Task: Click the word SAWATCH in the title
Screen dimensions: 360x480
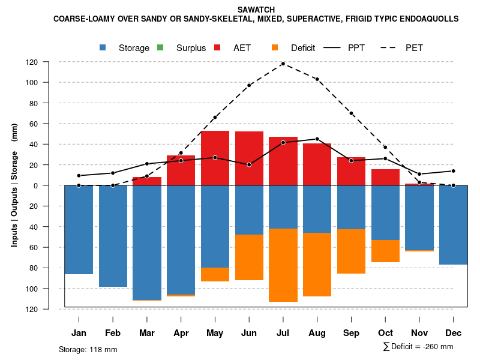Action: tap(256, 10)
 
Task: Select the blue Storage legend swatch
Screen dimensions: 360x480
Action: tap(103, 47)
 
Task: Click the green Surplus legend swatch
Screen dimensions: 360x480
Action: tap(160, 47)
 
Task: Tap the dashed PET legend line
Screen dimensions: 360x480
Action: tap(393, 47)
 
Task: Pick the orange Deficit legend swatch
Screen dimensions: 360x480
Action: tap(275, 47)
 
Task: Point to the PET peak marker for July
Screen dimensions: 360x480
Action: tap(283, 64)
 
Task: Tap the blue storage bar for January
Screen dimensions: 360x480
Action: tap(79, 229)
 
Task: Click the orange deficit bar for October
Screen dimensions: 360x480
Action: tap(385, 251)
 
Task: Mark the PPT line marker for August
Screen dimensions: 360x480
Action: tap(317, 139)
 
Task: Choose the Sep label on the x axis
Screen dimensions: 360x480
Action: tap(351, 333)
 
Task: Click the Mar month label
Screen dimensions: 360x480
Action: tap(146, 333)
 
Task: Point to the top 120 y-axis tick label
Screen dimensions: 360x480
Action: tap(49, 62)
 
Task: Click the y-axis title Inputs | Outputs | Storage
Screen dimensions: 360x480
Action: tap(14, 185)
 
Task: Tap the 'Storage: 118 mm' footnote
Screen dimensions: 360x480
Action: tap(88, 349)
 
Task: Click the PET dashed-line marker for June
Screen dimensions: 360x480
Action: tap(249, 85)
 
